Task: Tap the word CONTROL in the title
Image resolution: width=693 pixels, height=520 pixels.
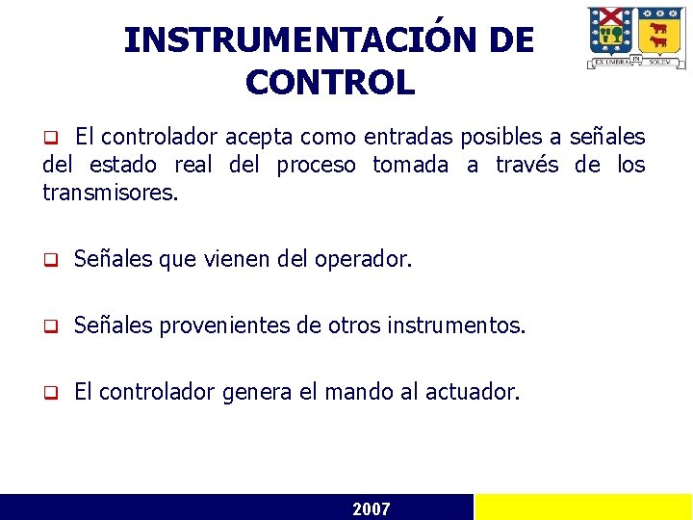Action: tap(329, 83)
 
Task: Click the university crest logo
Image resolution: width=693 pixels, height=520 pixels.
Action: tap(636, 38)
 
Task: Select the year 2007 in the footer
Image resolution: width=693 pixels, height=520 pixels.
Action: tap(372, 508)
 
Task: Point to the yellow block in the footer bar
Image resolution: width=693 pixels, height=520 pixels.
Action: tap(583, 507)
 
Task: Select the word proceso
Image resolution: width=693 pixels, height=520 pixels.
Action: tap(316, 166)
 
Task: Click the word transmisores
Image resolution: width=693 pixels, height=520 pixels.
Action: tap(110, 193)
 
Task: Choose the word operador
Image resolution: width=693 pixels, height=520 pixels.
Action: tap(363, 259)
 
